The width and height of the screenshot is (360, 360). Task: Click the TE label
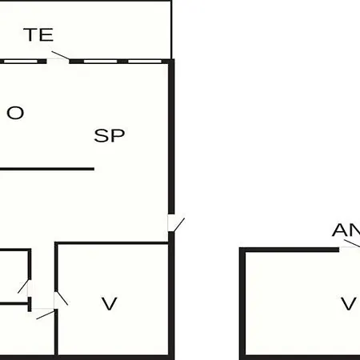click(39, 34)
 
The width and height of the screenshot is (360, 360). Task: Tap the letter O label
click(15, 113)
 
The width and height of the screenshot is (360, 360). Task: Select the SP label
click(110, 135)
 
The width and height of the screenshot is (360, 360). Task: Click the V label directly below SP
click(110, 303)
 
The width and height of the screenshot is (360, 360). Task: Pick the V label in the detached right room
click(349, 303)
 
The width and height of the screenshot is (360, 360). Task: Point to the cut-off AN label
click(346, 230)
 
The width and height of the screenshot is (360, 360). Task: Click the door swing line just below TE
click(61, 55)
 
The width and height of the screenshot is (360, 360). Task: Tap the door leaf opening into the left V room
click(62, 298)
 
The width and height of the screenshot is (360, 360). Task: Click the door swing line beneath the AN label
click(352, 243)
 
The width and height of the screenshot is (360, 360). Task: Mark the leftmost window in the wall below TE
click(21, 62)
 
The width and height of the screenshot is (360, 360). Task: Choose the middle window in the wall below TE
click(100, 62)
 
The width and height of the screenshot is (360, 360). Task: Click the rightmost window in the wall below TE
click(145, 62)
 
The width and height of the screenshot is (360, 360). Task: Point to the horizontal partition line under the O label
click(47, 169)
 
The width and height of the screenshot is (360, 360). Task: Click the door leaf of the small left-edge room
click(23, 286)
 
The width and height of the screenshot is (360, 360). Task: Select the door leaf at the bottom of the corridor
click(46, 314)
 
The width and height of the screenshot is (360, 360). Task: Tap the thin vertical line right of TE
click(171, 30)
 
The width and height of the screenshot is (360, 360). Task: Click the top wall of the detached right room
click(290, 250)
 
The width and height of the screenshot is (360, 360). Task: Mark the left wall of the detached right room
click(242, 304)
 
